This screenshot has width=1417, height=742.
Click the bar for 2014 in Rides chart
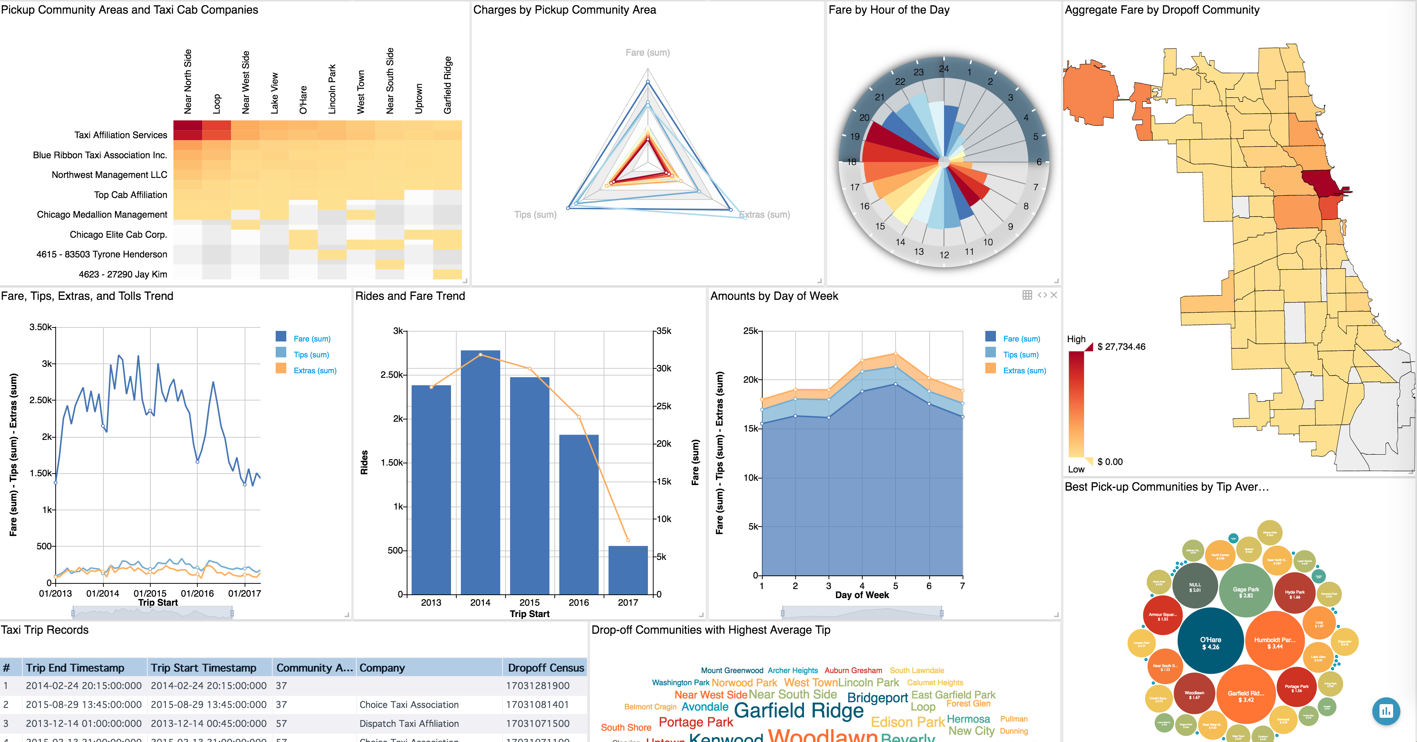(480, 473)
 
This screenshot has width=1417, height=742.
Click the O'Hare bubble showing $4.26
(1211, 642)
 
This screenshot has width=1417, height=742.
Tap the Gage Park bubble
(1246, 592)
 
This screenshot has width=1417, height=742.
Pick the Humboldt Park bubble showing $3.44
(1275, 642)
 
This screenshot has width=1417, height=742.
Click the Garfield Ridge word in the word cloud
(799, 711)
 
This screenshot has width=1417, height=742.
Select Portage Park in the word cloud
(696, 722)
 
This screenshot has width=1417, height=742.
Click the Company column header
(382, 668)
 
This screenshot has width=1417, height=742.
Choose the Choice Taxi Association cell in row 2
(409, 705)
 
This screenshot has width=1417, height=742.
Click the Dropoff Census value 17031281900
(537, 686)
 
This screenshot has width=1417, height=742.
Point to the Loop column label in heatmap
(217, 103)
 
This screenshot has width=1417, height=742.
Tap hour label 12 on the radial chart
(944, 255)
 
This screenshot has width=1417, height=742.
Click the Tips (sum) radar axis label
(535, 215)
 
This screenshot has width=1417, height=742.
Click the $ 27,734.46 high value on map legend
(1120, 346)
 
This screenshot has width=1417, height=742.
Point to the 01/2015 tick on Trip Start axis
(150, 594)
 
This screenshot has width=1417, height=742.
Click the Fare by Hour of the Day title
(888, 10)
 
